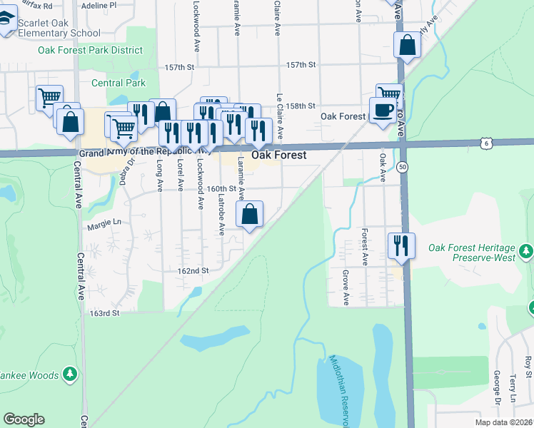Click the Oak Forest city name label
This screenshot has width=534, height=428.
[x=279, y=155]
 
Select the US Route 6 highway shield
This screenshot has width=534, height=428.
[x=485, y=143]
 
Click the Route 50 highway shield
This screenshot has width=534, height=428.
[x=403, y=166]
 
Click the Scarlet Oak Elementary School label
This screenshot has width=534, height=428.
[x=59, y=28]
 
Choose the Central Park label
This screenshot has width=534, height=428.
[x=119, y=83]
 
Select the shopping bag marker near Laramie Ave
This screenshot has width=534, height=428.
[x=250, y=213]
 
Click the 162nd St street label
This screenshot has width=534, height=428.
[x=193, y=271]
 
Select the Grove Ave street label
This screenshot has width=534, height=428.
[x=346, y=287]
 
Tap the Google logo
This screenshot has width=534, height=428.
[x=24, y=419]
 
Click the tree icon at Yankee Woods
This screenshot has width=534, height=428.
[x=69, y=373]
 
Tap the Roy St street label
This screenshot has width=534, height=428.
[x=528, y=367]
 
